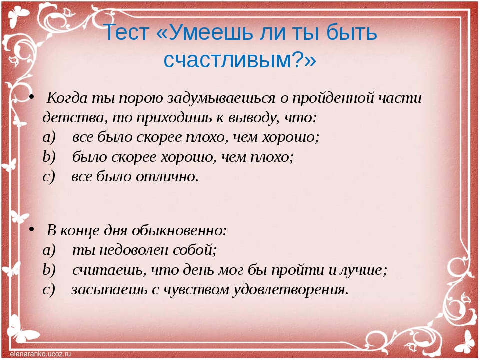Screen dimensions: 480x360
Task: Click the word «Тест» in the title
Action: pos(126,32)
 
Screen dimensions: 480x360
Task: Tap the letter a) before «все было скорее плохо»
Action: pos(49,138)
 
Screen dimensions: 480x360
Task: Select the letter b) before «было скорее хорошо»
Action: pos(49,157)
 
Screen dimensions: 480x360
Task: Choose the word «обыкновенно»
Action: pos(179,231)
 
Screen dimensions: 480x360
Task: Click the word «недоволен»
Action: pos(134,250)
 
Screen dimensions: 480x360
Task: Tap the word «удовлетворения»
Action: pos(291,290)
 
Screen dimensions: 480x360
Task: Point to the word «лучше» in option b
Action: pos(363,270)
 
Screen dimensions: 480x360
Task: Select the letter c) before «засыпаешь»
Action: pos(49,290)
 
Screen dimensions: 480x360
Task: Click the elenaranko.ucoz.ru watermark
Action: pos(40,354)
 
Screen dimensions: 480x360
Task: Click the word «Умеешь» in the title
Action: pos(210,32)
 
